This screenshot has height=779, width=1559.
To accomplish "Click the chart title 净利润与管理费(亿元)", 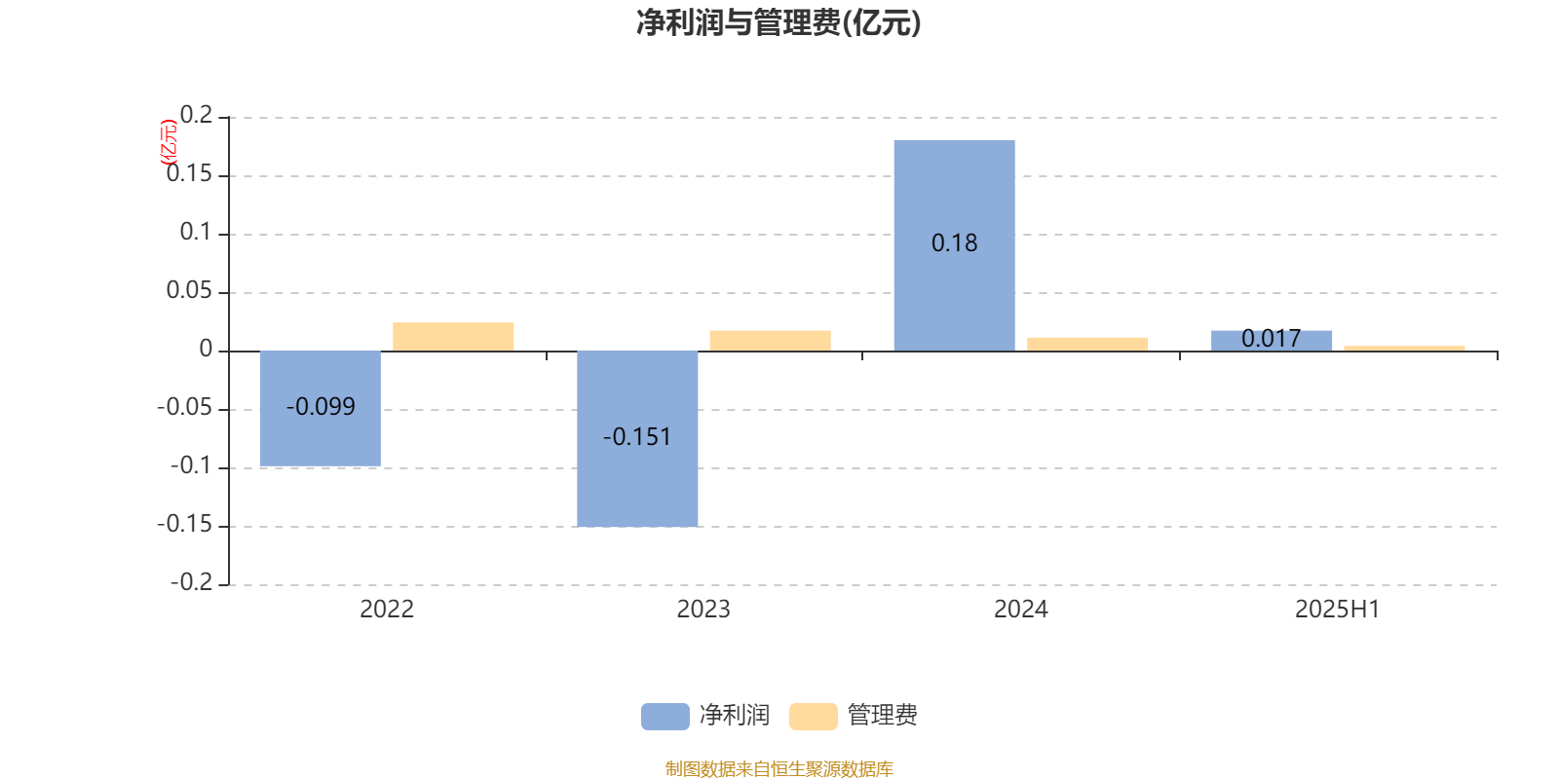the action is [779, 22].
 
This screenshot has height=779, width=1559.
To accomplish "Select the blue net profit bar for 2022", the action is [321, 408].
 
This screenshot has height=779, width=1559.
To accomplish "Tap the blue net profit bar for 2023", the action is [637, 439].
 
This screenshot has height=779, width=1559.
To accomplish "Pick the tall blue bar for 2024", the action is [954, 245].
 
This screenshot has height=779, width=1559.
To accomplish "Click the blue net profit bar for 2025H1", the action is [1272, 341].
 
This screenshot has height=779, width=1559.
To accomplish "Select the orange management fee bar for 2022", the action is [453, 337].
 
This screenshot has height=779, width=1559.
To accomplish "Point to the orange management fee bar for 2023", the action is [771, 341].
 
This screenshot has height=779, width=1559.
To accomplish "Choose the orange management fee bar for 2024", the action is [1087, 345].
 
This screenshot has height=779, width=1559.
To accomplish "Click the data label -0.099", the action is [321, 406].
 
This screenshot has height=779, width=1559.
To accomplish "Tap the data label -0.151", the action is [637, 437].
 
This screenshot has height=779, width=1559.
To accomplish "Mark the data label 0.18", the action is [954, 242].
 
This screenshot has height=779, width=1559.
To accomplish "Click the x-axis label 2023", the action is [703, 610].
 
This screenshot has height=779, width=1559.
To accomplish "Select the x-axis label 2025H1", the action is [1337, 610].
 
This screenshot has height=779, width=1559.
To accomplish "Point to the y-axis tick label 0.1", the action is [196, 232].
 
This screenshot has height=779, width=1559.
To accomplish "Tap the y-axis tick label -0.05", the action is [185, 407].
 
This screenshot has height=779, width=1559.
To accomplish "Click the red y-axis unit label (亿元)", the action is [169, 142].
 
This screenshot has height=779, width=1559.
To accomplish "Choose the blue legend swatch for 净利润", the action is [665, 717].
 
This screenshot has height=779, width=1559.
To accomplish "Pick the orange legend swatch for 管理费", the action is [813, 717].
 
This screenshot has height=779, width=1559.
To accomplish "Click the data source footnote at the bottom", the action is [779, 768].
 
